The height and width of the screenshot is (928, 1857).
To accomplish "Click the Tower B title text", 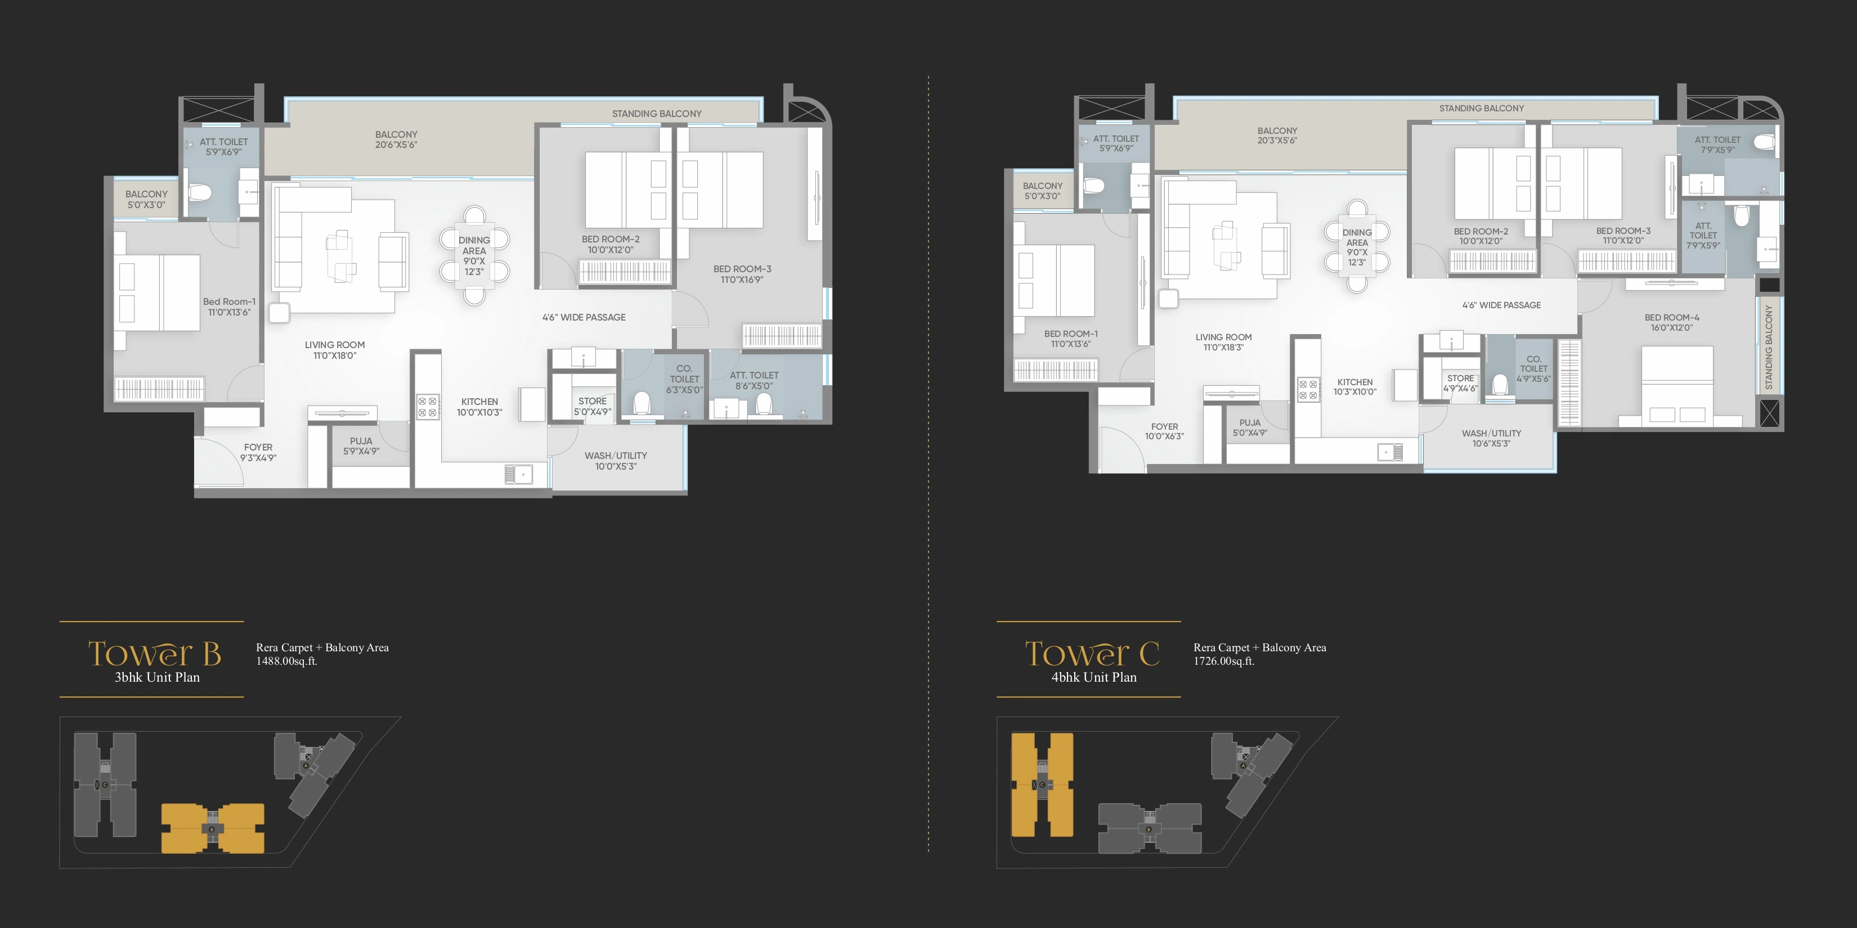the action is [x=154, y=654].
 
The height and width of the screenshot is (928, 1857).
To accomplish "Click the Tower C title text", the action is [x=1092, y=654].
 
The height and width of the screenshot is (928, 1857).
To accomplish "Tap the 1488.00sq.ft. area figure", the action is [x=287, y=661].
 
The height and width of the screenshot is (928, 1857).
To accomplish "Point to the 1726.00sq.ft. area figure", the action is [x=1224, y=661].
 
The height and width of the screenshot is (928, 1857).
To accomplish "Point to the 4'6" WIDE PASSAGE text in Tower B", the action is [x=584, y=317].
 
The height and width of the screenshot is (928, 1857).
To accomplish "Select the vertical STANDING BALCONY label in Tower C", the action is [x=1768, y=347].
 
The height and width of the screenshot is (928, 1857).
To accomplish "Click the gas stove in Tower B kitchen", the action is [x=428, y=407].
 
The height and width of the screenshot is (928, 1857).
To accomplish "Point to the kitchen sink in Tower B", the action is [x=518, y=474].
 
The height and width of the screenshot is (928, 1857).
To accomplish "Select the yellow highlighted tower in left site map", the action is [x=213, y=828].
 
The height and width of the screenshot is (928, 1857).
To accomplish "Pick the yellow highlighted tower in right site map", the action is [x=1042, y=785].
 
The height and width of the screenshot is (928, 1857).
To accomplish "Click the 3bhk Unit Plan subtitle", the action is [x=157, y=677].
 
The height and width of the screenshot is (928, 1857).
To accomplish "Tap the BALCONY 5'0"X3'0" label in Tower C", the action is [x=1042, y=191].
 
